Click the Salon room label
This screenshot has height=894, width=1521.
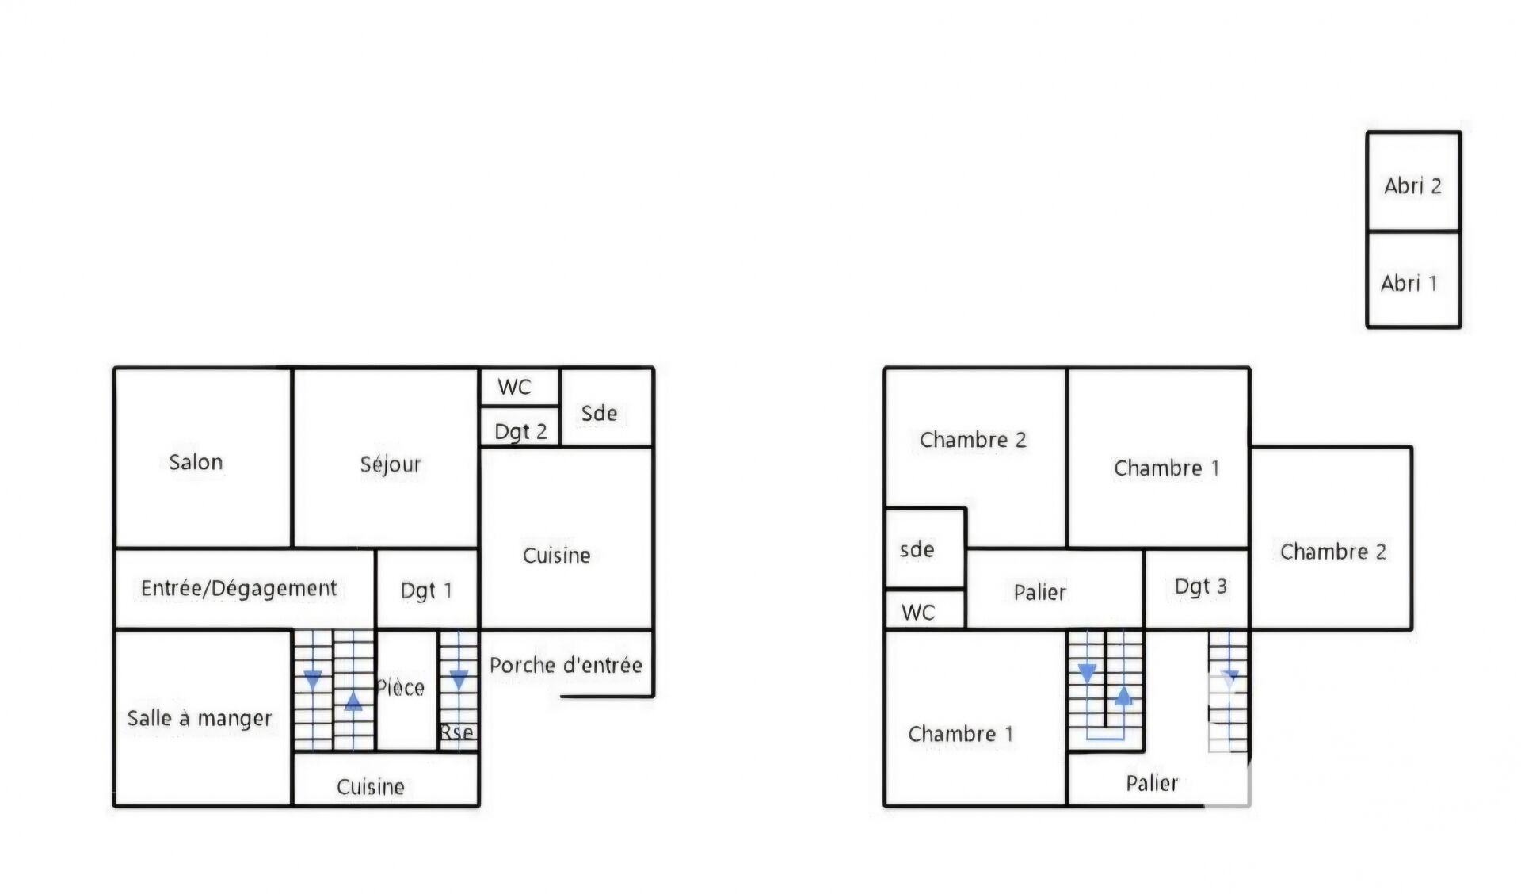tap(196, 462)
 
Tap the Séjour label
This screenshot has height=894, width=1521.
tap(391, 464)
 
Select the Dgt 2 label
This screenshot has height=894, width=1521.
tap(520, 431)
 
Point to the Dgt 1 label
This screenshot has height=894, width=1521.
tap(426, 590)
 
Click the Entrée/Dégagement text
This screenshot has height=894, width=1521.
tap(238, 588)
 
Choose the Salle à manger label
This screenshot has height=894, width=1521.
tap(200, 718)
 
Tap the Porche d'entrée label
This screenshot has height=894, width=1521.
tap(566, 665)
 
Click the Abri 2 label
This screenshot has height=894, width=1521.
tap(1412, 186)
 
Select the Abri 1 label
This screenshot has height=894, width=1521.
tap(1409, 283)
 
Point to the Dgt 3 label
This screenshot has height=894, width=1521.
tap(1200, 586)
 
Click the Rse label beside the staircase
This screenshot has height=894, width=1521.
tap(457, 732)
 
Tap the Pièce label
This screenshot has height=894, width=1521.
tap(401, 687)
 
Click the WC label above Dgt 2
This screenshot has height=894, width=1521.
tap(514, 387)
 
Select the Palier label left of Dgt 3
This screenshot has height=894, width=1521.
tap(1039, 592)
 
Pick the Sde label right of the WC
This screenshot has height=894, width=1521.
tap(599, 413)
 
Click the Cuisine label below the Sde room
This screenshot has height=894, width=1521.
tap(556, 555)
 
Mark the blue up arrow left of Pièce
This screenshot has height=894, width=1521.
tap(353, 701)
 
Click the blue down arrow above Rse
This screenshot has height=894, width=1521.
tap(459, 680)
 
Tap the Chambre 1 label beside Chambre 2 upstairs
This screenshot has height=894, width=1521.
tap(1166, 468)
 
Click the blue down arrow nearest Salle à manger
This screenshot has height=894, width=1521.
tap(313, 680)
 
